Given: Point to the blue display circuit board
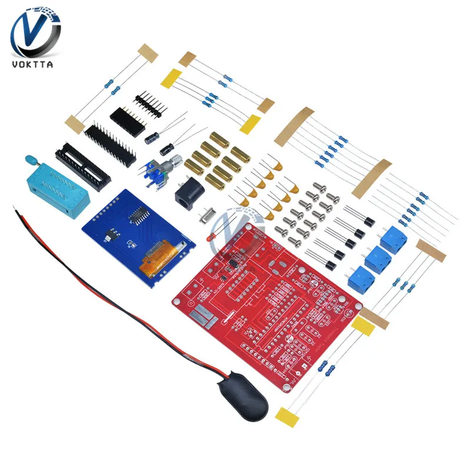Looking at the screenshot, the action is (x=135, y=235).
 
